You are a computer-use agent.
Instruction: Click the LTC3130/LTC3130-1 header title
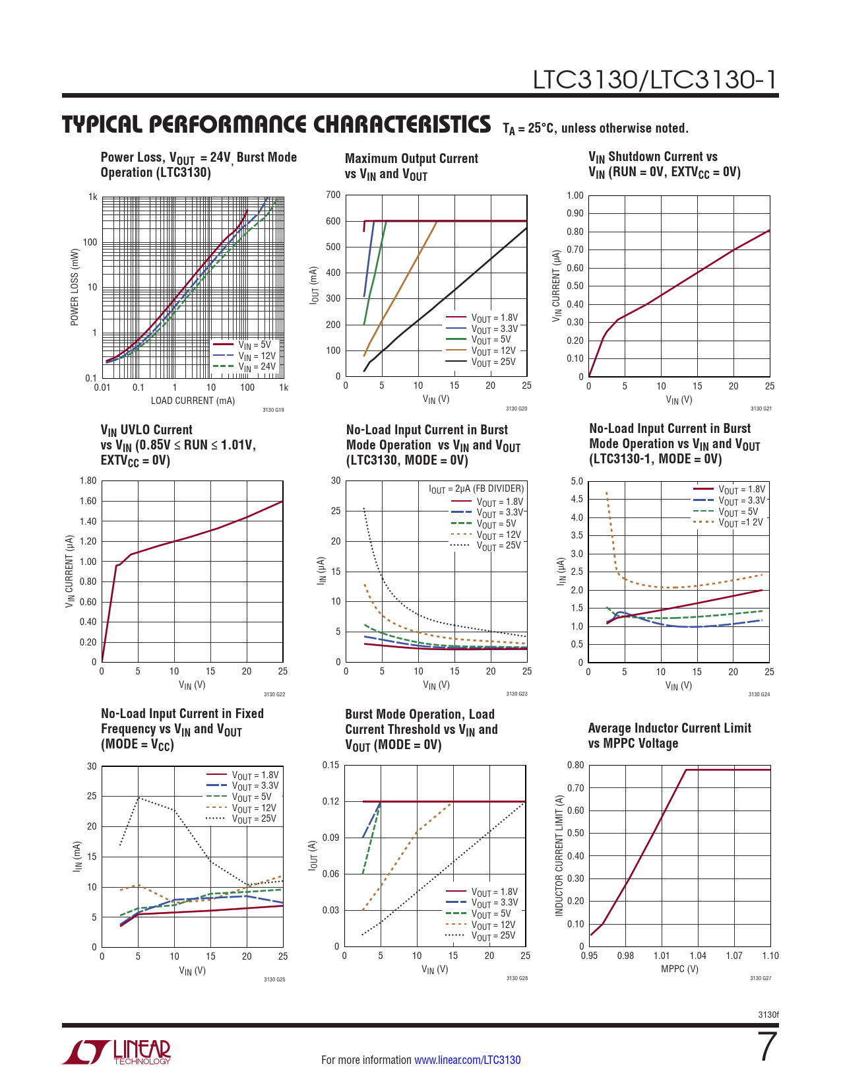pyautogui.click(x=655, y=80)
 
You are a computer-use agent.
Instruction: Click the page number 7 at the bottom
pyautogui.click(x=767, y=1047)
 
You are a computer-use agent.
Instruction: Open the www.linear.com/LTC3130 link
pyautogui.click(x=467, y=1060)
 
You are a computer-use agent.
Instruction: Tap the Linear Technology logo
pyautogui.click(x=117, y=1053)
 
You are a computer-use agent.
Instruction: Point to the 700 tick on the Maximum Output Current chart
pyautogui.click(x=333, y=195)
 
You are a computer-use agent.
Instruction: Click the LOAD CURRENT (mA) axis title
pyautogui.click(x=193, y=401)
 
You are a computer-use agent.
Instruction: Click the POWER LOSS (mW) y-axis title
pyautogui.click(x=75, y=287)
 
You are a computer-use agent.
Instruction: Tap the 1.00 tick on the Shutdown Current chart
pyautogui.click(x=575, y=195)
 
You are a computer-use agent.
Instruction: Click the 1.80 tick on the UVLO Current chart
pyautogui.click(x=88, y=480)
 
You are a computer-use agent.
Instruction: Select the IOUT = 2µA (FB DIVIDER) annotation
pyautogui.click(x=476, y=489)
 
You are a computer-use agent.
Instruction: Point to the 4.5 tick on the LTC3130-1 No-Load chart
pyautogui.click(x=576, y=499)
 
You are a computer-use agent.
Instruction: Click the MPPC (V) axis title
pyautogui.click(x=679, y=969)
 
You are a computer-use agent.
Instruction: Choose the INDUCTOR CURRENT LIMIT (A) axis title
pyautogui.click(x=559, y=855)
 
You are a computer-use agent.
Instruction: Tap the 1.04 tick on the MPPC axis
pyautogui.click(x=698, y=956)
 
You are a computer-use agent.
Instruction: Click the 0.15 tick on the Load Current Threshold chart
pyautogui.click(x=330, y=765)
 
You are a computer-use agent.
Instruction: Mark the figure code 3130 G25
pyautogui.click(x=274, y=979)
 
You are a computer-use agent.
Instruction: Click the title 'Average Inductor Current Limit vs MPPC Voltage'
pyautogui.click(x=670, y=735)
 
